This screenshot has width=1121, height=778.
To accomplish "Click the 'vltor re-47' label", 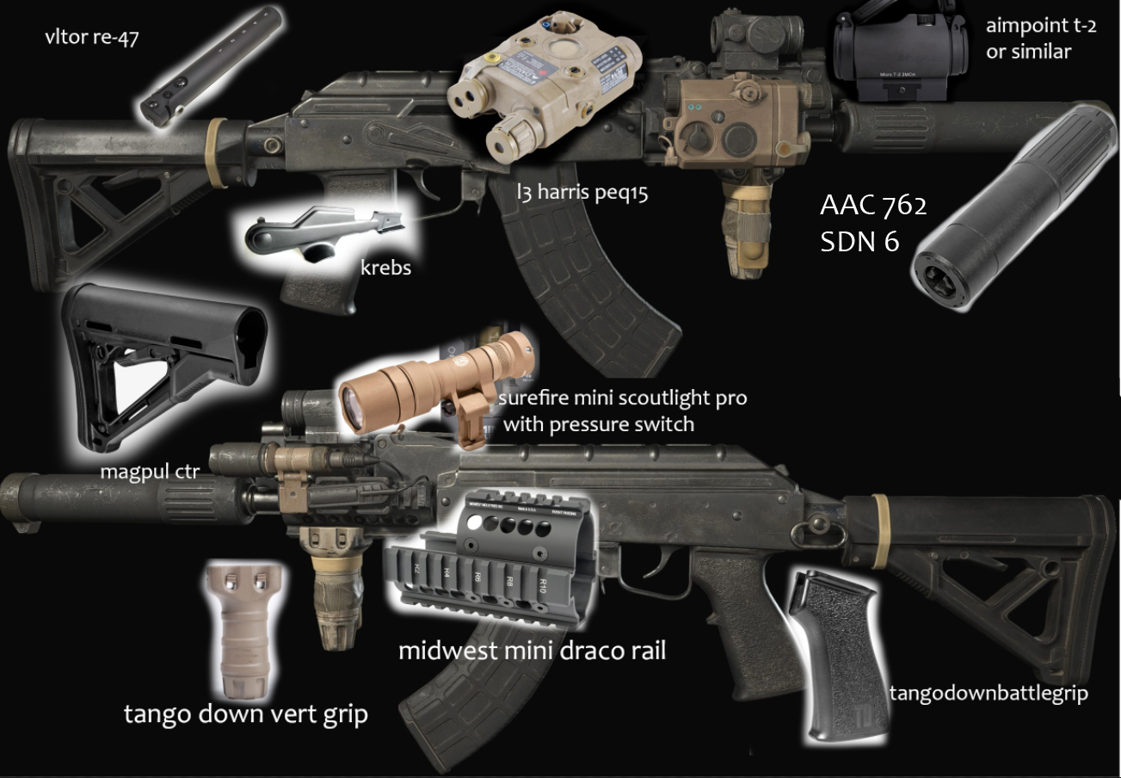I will pyautogui.click(x=92, y=40).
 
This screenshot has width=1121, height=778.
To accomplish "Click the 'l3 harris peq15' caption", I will pyautogui.click(x=582, y=192).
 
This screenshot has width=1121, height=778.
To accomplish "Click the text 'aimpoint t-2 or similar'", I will pyautogui.click(x=1040, y=38).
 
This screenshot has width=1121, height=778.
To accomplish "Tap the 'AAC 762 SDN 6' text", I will pyautogui.click(x=872, y=223).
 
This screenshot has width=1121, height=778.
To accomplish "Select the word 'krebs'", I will pyautogui.click(x=385, y=268).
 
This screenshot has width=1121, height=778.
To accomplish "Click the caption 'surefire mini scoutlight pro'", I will pyautogui.click(x=624, y=398).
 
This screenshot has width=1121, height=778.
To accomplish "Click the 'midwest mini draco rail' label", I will pyautogui.click(x=532, y=650).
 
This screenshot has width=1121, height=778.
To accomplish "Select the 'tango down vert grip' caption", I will pyautogui.click(x=245, y=713).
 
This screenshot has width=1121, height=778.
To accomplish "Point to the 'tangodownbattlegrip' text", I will pyautogui.click(x=988, y=693).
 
